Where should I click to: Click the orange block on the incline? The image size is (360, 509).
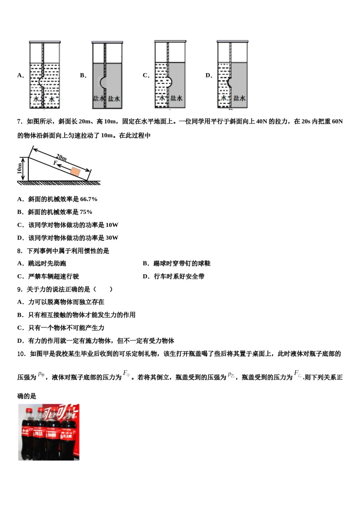(x=76, y=172)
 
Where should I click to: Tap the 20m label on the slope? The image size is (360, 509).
(x=61, y=157)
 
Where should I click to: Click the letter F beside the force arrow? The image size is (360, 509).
(x=55, y=163)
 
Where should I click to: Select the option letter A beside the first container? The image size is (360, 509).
(x=20, y=75)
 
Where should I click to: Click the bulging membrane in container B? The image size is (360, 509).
(x=102, y=82)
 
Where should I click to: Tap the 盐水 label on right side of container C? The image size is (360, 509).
(x=176, y=98)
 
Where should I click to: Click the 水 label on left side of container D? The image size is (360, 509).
(x=224, y=98)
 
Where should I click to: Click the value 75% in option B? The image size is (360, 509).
(x=86, y=212)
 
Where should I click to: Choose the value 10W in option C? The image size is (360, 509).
(x=112, y=225)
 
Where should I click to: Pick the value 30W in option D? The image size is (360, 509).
(x=112, y=238)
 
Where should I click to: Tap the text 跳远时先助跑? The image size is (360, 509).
(x=47, y=264)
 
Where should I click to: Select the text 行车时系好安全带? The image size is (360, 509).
(x=179, y=276)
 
